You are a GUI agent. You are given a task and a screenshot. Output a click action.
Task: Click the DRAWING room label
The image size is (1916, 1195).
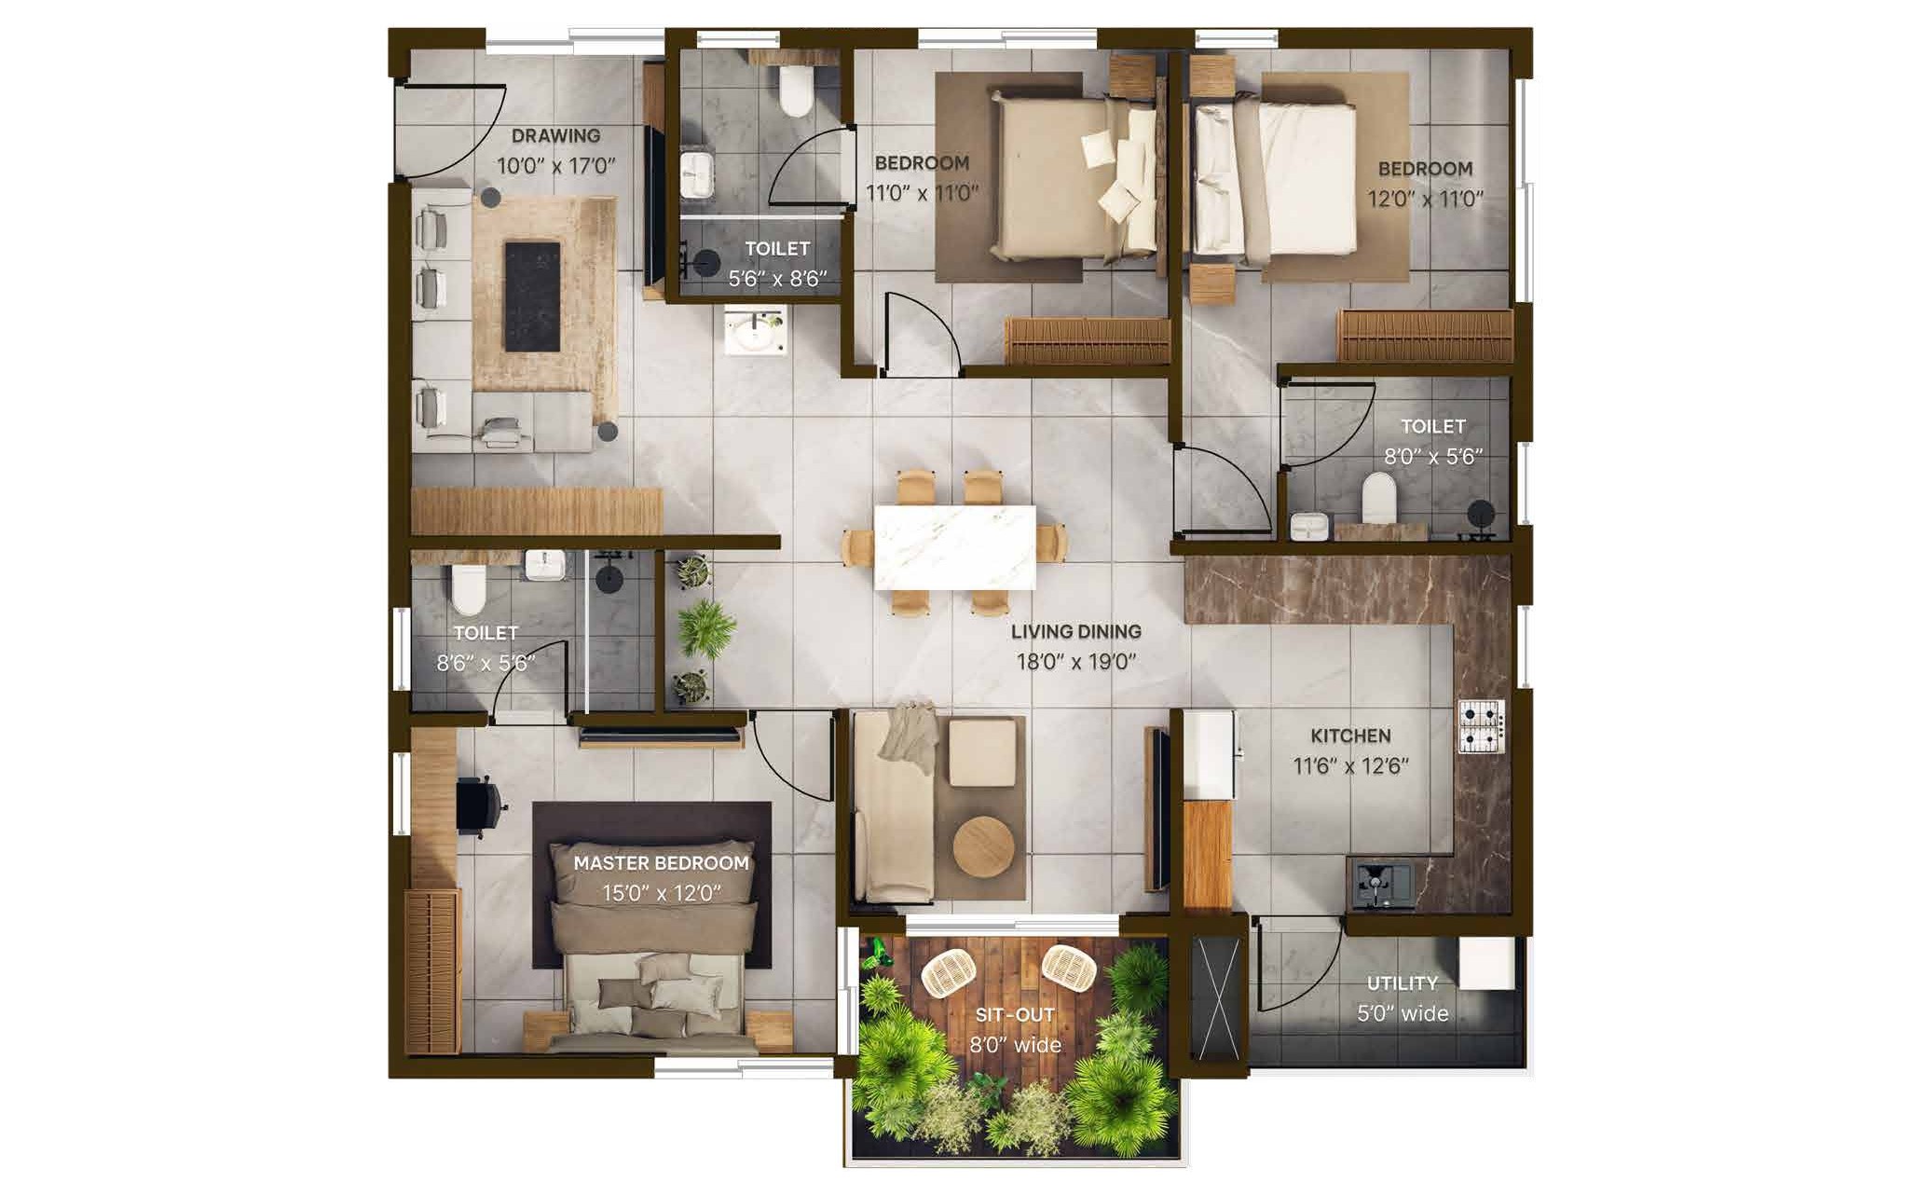pos(555,136)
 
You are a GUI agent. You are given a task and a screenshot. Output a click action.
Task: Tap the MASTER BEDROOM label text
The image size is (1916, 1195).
pos(661,863)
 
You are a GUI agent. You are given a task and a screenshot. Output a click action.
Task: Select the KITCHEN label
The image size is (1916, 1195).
pos(1350,735)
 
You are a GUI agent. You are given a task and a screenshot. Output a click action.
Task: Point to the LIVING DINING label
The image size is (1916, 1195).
pos(1076,631)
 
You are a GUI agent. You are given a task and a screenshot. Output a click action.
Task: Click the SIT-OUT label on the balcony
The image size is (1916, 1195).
pos(1015,1015)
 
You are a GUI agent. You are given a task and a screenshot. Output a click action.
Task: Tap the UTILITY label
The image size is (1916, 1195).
pos(1402,983)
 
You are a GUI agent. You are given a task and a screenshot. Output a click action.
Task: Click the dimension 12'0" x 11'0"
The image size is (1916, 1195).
pos(1425,199)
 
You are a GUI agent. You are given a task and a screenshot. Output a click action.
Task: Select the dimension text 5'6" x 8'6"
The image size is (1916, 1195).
pos(777,279)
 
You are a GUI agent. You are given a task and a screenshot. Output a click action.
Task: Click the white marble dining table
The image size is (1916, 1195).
pos(954,548)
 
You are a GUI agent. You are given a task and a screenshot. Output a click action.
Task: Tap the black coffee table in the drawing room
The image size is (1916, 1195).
pos(532,296)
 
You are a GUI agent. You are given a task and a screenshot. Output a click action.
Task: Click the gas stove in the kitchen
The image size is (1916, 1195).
pos(1481,726)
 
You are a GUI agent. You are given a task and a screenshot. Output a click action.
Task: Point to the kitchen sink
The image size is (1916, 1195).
pos(1381,885)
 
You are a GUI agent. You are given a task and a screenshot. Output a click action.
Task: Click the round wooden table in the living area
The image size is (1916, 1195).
pos(983,847)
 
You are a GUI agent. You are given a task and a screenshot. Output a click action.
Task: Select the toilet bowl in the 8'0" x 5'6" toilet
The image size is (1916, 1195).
pos(1377,499)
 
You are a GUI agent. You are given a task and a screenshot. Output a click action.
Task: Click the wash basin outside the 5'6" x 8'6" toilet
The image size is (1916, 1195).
pos(756,333)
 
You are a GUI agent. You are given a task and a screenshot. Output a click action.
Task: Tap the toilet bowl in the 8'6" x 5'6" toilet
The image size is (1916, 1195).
pos(469,590)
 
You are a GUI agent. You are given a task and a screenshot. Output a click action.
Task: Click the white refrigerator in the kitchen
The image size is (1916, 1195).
pos(1209,756)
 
